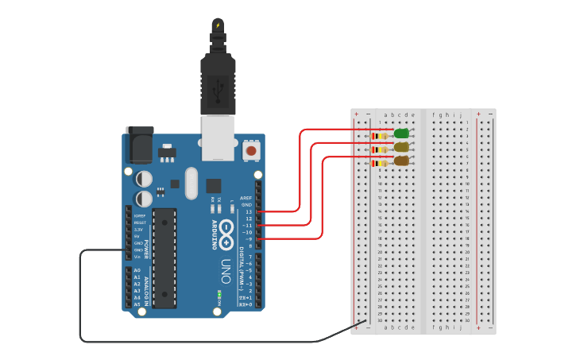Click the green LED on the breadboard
pyautogui.click(x=401, y=134)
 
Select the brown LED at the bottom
pyautogui.click(x=401, y=161)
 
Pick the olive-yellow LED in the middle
pyautogui.click(x=401, y=147)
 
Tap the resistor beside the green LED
pyautogui.click(x=380, y=136)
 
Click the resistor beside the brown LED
pyautogui.click(x=380, y=163)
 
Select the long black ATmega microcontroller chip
pyautogui.click(x=164, y=257)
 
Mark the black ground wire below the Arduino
pyautogui.click(x=199, y=342)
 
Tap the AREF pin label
pyautogui.click(x=246, y=198)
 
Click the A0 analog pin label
pyautogui.click(x=137, y=270)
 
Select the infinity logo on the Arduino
pyautogui.click(x=226, y=230)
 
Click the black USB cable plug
pyautogui.click(x=218, y=84)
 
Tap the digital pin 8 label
pyautogui.click(x=249, y=246)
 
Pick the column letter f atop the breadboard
pyautogui.click(x=434, y=114)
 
